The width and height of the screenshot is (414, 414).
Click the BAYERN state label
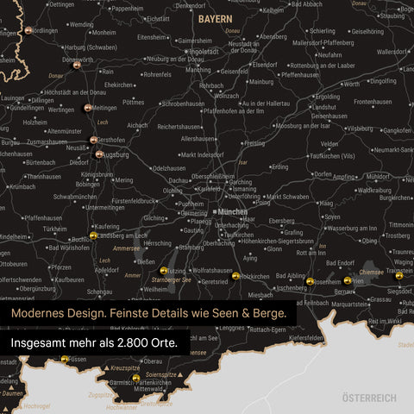point(214,17)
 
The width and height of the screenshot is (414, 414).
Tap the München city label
point(232,211)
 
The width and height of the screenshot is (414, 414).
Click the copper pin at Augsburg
point(100,155)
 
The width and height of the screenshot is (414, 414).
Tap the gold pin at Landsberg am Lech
point(93,235)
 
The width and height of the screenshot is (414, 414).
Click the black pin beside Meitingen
point(87,108)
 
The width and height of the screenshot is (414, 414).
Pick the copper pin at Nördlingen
point(28,29)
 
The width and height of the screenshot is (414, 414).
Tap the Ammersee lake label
point(127,248)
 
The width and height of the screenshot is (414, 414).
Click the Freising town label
point(254,143)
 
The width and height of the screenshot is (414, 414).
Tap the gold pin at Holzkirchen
point(235,276)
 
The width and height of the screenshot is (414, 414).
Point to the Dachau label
point(179,179)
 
